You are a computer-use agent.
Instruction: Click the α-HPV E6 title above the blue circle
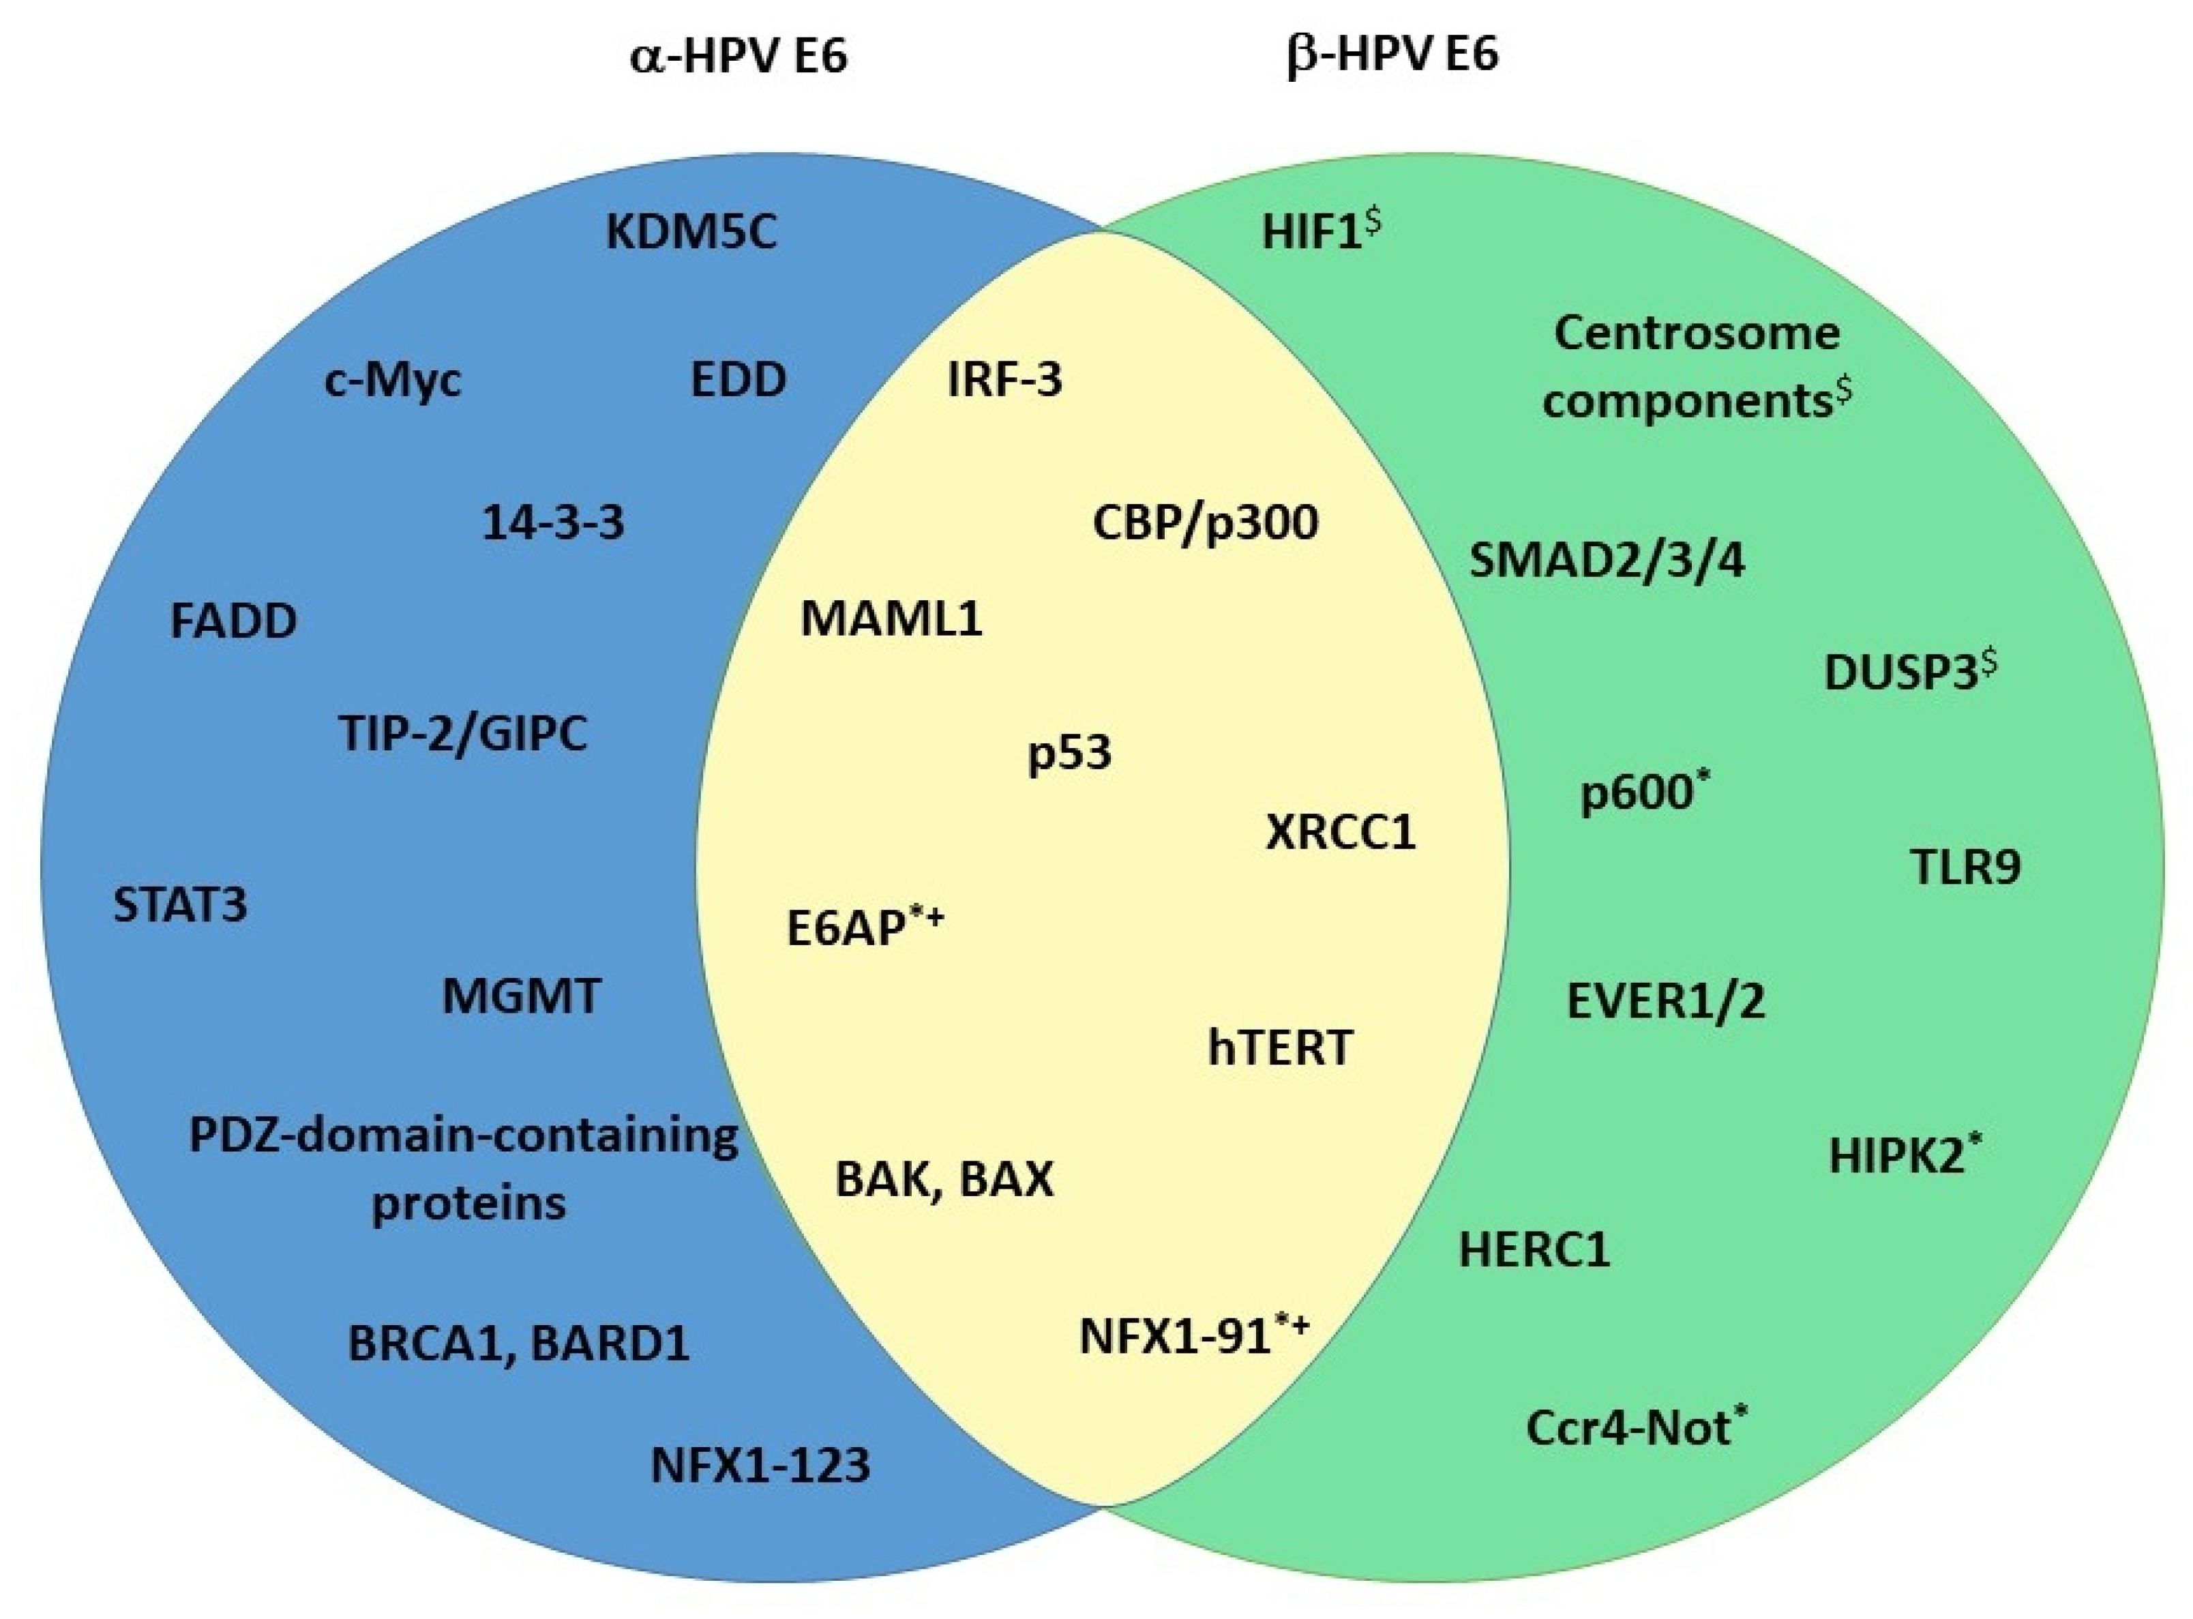(737, 56)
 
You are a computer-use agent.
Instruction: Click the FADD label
(233, 621)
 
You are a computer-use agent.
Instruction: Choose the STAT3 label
(180, 904)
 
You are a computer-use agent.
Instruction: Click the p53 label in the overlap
(1069, 753)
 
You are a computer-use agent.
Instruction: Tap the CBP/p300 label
(1206, 522)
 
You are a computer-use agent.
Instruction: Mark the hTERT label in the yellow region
(1280, 1048)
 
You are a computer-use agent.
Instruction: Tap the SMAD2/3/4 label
(1607, 561)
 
